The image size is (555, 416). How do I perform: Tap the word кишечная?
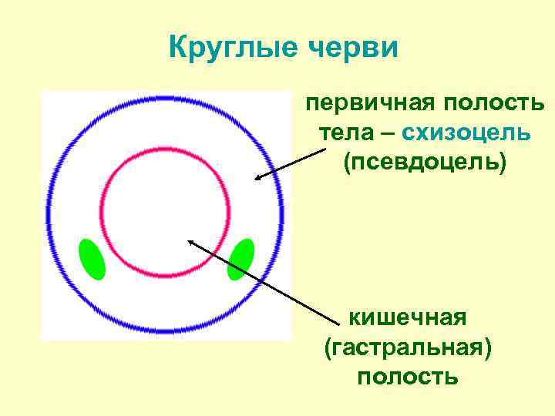point(408,317)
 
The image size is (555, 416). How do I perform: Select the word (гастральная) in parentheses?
point(408,347)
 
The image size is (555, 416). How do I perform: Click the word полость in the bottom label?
point(408,377)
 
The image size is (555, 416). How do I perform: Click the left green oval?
point(92,259)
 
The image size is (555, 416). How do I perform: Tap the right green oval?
point(240,258)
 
